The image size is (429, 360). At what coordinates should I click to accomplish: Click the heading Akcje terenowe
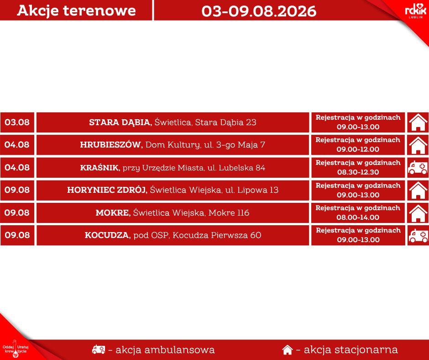tap(76, 11)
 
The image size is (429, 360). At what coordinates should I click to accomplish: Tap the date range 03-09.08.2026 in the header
tap(259, 11)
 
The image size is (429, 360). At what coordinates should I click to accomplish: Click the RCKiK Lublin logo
tap(415, 11)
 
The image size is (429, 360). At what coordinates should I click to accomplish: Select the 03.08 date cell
tap(17, 122)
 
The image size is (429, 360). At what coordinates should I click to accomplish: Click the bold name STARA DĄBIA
tap(120, 122)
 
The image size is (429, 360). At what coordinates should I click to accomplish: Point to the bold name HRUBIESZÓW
tap(111, 145)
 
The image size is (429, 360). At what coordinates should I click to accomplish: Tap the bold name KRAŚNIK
tap(100, 167)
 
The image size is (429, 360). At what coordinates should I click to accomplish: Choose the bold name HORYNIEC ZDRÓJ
tap(107, 190)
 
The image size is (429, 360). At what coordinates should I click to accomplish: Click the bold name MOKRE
tap(113, 213)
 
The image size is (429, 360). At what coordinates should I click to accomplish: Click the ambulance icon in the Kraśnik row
tap(418, 168)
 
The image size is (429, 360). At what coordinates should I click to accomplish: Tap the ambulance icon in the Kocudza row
tap(418, 236)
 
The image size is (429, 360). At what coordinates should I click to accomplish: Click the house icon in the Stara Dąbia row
tap(418, 122)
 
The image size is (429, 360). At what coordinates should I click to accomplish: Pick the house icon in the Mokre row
tap(418, 213)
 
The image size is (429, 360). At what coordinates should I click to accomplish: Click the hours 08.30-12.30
tap(358, 172)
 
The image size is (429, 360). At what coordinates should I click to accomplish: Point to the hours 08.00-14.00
tap(358, 217)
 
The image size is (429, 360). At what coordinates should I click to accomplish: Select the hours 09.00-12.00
tap(358, 149)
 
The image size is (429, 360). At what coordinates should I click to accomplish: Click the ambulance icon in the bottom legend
tap(99, 349)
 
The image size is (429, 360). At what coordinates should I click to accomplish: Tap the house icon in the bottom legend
tap(287, 349)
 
